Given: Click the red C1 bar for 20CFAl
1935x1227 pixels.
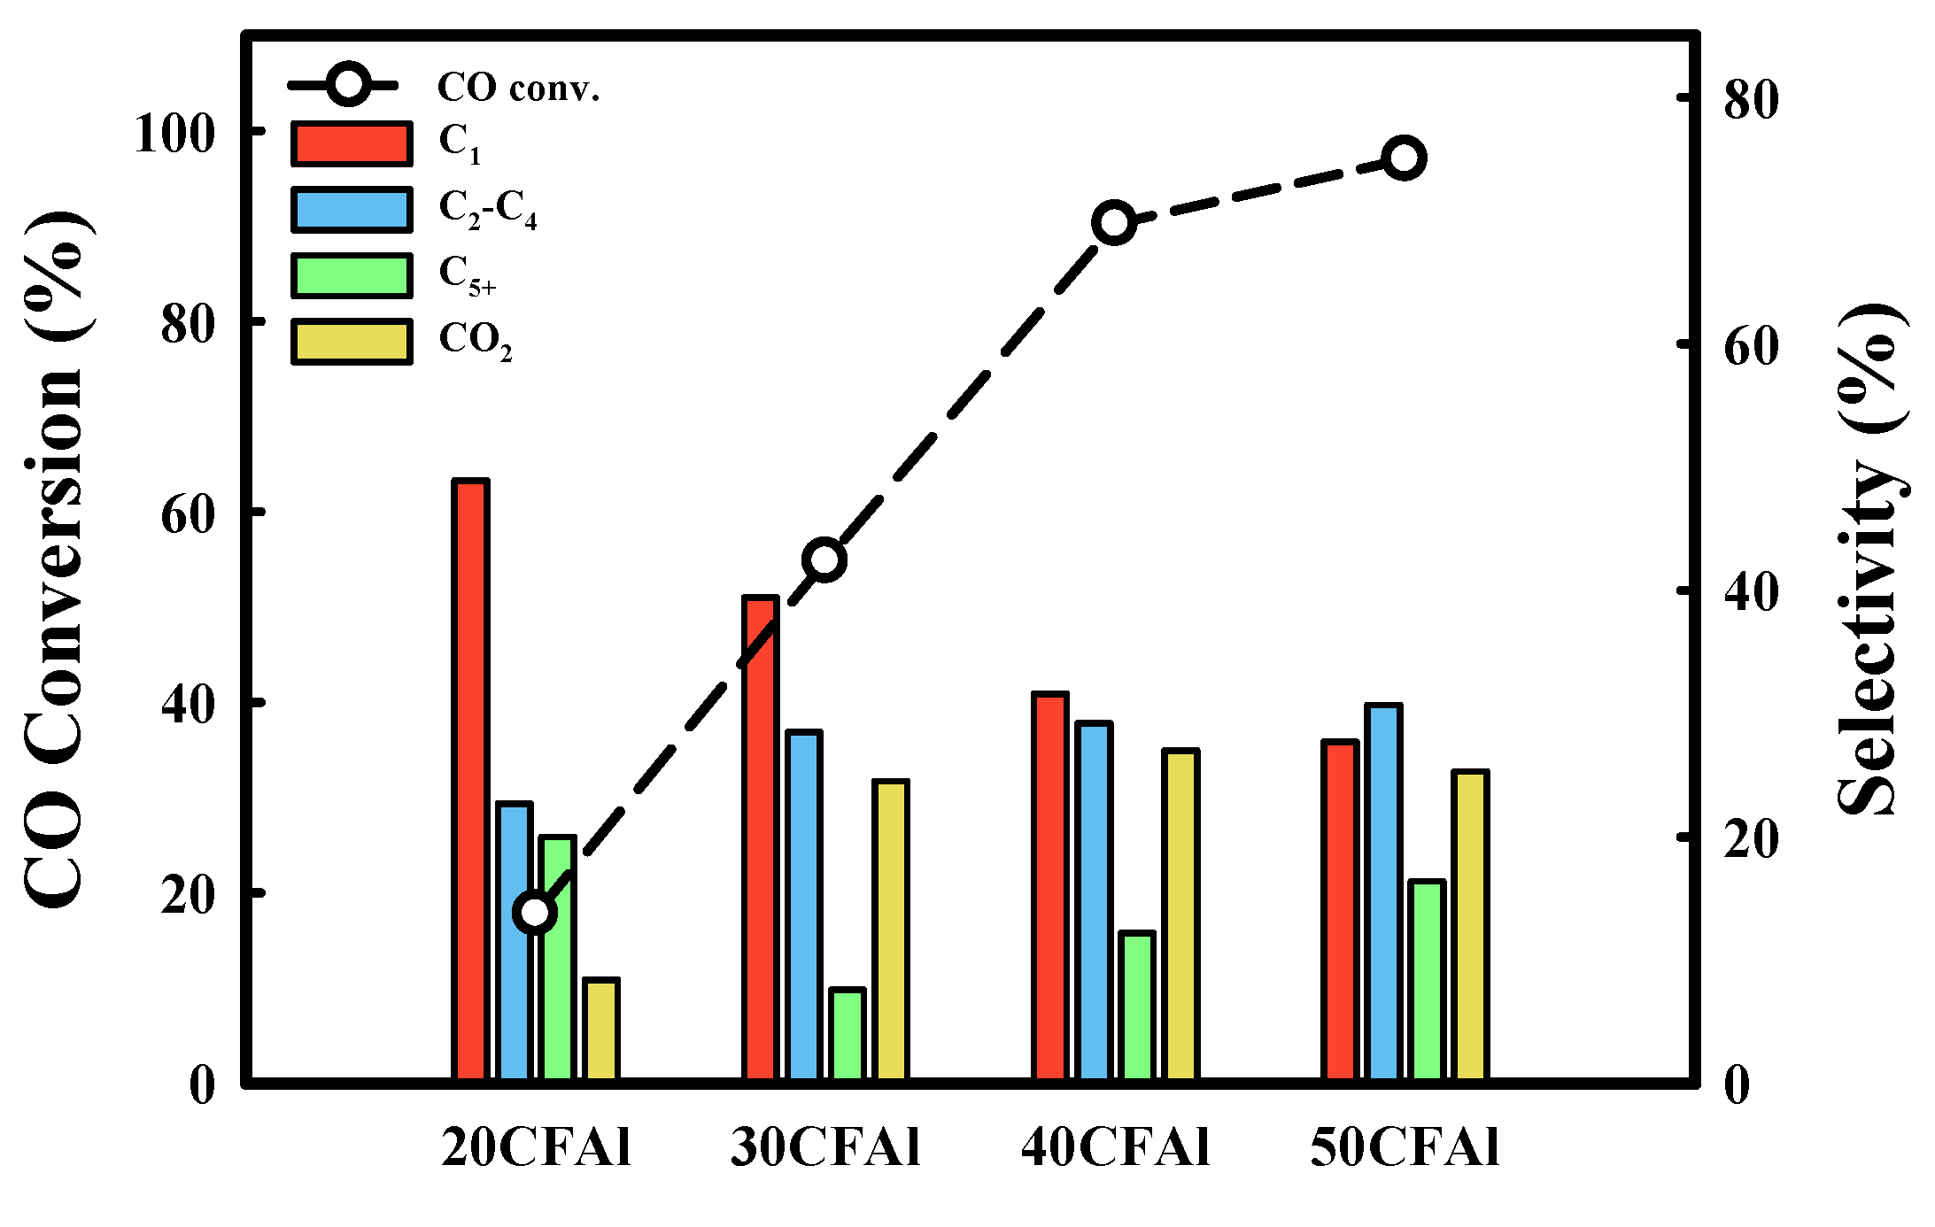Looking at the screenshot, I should [470, 779].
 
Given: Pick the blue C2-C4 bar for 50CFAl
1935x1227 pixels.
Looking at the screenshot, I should [1383, 891].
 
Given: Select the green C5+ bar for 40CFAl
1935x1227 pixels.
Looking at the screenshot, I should [1137, 1006].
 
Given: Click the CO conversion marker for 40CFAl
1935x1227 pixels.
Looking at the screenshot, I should [1115, 223].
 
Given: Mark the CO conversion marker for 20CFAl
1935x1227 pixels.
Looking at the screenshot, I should [535, 912].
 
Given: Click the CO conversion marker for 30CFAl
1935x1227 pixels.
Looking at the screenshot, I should [824, 559].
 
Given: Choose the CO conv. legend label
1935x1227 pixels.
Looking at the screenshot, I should [518, 88].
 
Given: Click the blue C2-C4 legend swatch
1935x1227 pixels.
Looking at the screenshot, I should [352, 210].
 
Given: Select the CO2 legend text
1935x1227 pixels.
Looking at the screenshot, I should [476, 340].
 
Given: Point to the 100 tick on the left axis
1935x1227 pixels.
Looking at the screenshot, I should [174, 135].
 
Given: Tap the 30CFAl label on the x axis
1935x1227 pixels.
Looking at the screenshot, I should [825, 1147].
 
